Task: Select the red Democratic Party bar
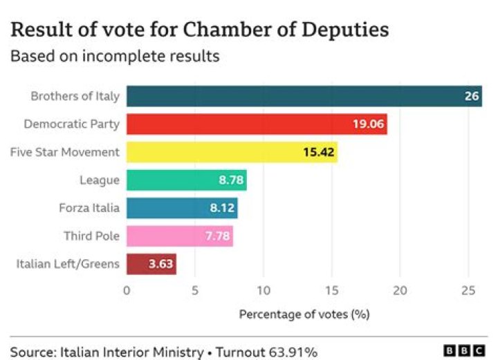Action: click(256, 124)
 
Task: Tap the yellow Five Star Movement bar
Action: click(232, 152)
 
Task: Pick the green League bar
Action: click(186, 180)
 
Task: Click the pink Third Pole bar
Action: click(179, 236)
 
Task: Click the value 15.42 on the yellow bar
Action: click(319, 152)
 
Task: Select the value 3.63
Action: click(161, 264)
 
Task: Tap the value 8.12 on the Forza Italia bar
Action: click(222, 208)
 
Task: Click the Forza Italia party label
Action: click(90, 208)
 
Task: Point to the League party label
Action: click(100, 180)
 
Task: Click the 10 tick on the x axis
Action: click(263, 290)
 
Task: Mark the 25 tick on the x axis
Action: click(468, 290)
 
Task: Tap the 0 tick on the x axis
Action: click(127, 290)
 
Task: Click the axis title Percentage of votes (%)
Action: click(304, 314)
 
